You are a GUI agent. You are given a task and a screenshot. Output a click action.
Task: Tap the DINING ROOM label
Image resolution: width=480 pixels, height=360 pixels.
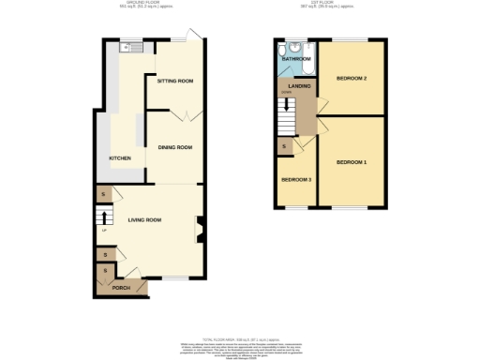coord(174,147)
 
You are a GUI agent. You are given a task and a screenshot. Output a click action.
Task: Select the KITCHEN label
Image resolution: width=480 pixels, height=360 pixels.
coord(120,158)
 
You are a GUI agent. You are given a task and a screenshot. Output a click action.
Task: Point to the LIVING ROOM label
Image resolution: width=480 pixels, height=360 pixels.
coord(145,219)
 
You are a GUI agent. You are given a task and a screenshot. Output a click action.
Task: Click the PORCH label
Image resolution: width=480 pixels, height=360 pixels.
coord(122,288)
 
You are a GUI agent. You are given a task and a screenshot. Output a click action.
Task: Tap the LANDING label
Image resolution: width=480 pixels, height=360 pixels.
coord(299,86)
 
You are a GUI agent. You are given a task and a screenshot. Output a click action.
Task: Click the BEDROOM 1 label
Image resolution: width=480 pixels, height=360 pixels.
coord(352,163)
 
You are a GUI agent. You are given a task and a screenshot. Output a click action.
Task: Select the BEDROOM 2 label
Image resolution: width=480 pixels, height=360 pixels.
coord(352,78)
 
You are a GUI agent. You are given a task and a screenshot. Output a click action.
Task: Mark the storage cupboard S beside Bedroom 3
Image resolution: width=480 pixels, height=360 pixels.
coord(284,147)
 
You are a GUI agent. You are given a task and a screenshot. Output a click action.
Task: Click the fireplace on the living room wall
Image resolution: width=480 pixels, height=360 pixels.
coord(199,227)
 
